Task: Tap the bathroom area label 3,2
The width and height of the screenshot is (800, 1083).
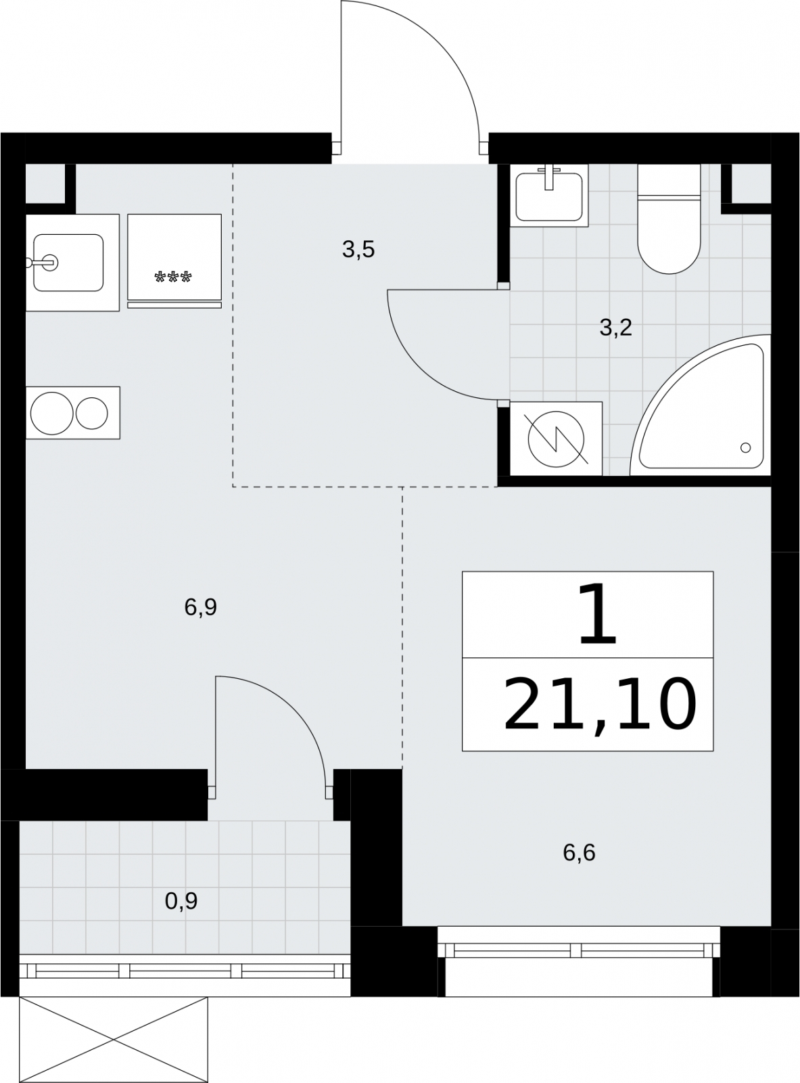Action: (615, 328)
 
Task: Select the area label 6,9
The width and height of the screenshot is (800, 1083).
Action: (200, 607)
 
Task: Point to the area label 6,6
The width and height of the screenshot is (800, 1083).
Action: (579, 853)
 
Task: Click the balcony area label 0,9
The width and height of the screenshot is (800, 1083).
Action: (181, 902)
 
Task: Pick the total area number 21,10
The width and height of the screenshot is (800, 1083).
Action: (600, 705)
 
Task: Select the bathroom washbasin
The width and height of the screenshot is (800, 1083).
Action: (549, 196)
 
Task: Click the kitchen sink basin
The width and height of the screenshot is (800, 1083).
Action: (68, 263)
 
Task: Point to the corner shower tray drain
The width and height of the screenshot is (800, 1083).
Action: (745, 447)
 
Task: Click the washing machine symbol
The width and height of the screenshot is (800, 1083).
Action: (556, 439)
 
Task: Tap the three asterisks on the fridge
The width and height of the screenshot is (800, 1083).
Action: (173, 278)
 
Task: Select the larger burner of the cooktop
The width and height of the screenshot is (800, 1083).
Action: (51, 413)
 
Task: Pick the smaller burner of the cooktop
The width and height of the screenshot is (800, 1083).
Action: (92, 413)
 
